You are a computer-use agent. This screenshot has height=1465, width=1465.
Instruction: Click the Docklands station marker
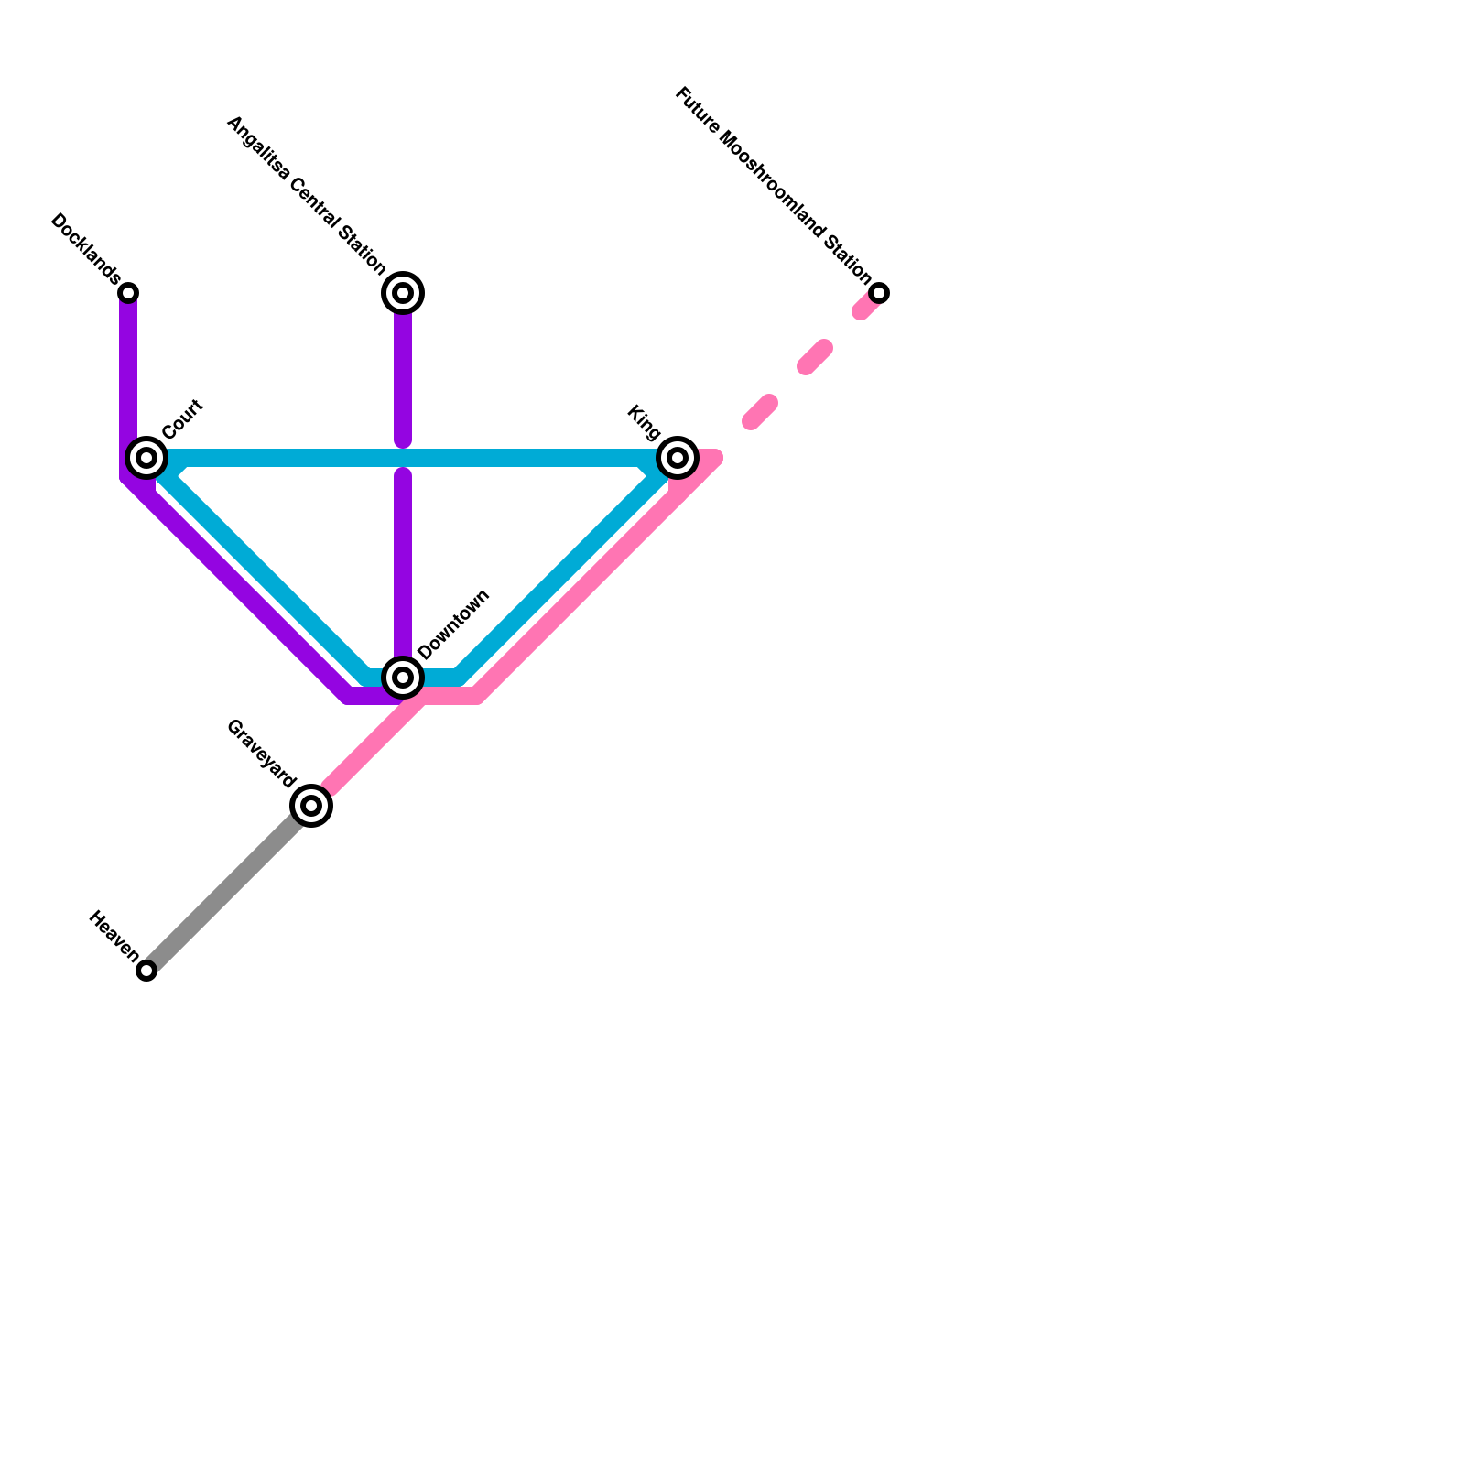point(129,293)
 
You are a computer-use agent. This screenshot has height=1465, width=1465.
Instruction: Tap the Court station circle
point(146,457)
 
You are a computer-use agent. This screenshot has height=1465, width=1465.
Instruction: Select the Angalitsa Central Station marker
point(403,293)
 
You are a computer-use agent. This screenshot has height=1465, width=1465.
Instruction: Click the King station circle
point(678,457)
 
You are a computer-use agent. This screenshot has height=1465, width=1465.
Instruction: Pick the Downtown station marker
point(403,678)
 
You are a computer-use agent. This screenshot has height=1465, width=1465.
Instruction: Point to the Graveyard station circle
point(311,806)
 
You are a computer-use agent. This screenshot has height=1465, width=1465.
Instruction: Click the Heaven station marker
point(146,971)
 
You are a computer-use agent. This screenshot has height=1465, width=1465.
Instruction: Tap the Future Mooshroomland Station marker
point(879,293)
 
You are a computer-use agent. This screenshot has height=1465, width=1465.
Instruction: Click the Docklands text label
point(85,248)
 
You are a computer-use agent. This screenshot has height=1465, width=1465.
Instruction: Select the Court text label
point(182,419)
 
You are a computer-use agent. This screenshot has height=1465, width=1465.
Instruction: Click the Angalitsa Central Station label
point(306,196)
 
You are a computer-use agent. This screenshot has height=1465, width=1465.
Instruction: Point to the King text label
point(644,421)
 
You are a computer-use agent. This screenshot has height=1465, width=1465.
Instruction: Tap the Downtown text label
point(454,624)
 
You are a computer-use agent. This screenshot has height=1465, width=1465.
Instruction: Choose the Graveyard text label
point(261,754)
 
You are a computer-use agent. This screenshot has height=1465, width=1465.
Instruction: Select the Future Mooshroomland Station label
point(774,184)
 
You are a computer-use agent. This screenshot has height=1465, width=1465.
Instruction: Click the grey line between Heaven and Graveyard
point(229,888)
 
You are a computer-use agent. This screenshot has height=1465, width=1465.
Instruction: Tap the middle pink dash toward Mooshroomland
point(815,357)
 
